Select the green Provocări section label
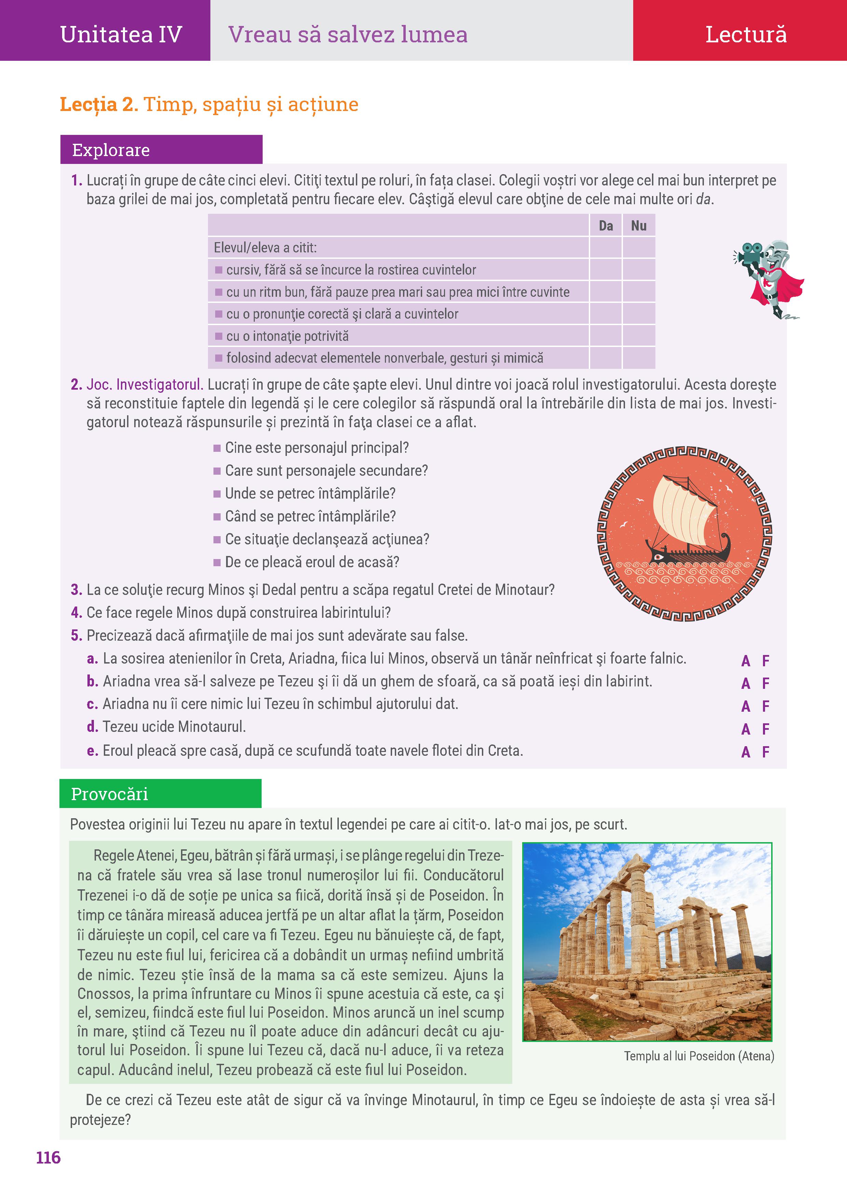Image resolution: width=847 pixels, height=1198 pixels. (110, 794)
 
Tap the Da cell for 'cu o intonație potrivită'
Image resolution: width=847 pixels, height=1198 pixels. (606, 335)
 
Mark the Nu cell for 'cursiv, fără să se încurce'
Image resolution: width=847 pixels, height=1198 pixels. (638, 269)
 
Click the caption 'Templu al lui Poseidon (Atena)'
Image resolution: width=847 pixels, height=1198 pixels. (699, 1056)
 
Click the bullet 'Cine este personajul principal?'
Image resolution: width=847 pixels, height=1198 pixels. (316, 448)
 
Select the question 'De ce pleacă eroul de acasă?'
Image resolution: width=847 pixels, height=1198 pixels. (311, 562)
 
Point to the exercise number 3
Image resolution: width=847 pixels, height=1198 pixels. (76, 589)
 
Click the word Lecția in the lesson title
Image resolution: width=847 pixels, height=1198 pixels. (88, 105)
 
